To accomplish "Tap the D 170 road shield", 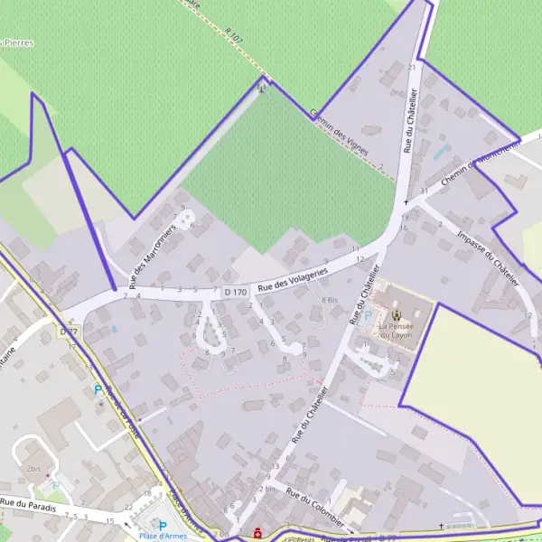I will [235, 292].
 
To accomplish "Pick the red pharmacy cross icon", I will [258, 534].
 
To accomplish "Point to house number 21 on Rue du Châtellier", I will [412, 68].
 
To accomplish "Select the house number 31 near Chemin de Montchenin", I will [423, 192].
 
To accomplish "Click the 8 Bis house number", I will [329, 299].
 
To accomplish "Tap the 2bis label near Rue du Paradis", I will [34, 470].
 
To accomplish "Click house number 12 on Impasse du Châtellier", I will [527, 314].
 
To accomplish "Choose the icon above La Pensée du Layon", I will [396, 315].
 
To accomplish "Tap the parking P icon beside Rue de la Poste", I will [98, 390].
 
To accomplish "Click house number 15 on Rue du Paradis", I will [109, 521].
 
